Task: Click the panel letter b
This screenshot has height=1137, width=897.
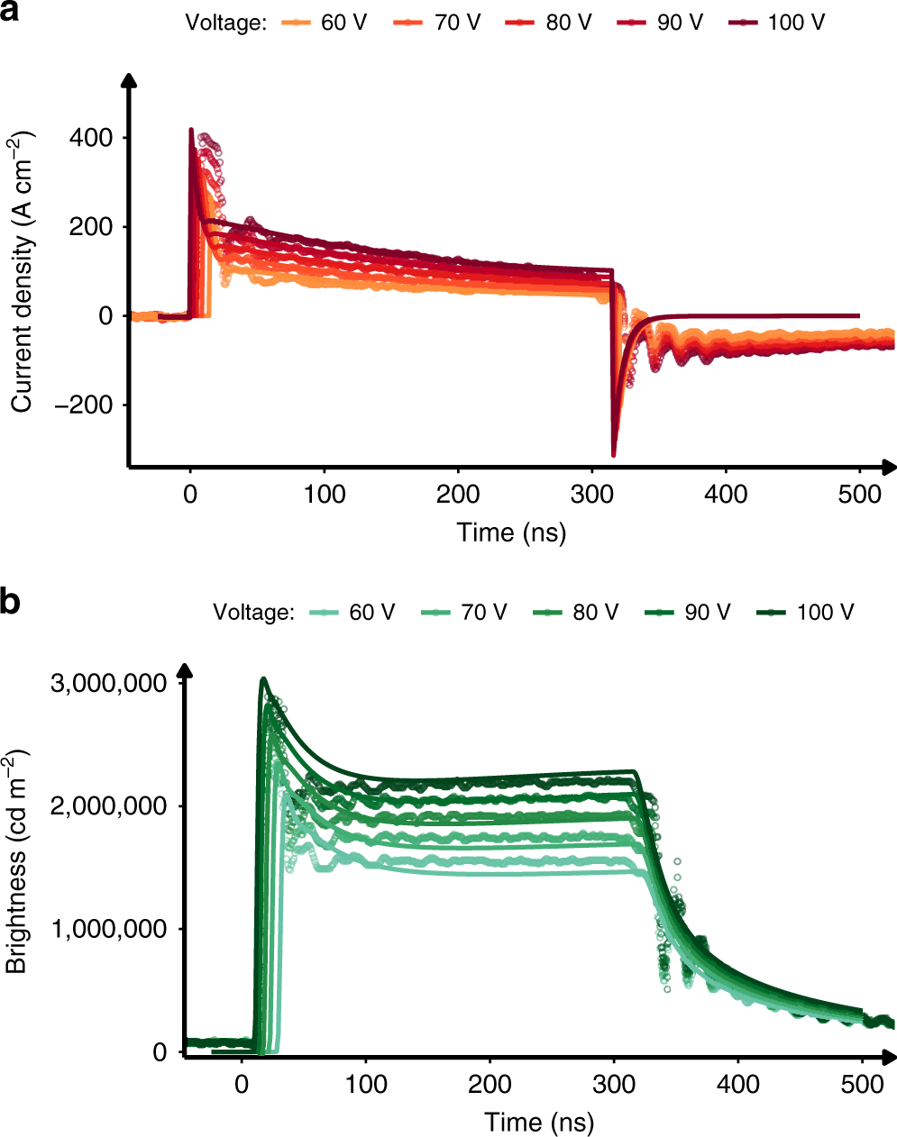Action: point(11,602)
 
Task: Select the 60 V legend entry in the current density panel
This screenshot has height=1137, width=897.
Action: point(325,23)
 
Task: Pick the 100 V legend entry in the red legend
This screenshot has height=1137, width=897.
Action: point(777,23)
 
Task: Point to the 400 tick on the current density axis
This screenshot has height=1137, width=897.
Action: point(92,138)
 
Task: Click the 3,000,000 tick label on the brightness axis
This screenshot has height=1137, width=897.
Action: point(108,683)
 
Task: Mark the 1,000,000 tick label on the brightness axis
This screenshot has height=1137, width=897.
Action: point(108,929)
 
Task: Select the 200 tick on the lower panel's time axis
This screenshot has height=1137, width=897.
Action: point(490,1084)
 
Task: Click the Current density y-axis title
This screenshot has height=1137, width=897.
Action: point(22,272)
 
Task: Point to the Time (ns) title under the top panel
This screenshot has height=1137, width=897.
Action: point(511,532)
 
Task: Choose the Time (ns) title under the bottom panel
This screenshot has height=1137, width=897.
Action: point(539,1123)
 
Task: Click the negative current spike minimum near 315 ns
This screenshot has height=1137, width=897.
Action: point(614,454)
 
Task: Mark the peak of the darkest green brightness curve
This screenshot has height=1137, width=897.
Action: point(262,679)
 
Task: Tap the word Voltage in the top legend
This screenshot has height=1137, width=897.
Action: point(225,23)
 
